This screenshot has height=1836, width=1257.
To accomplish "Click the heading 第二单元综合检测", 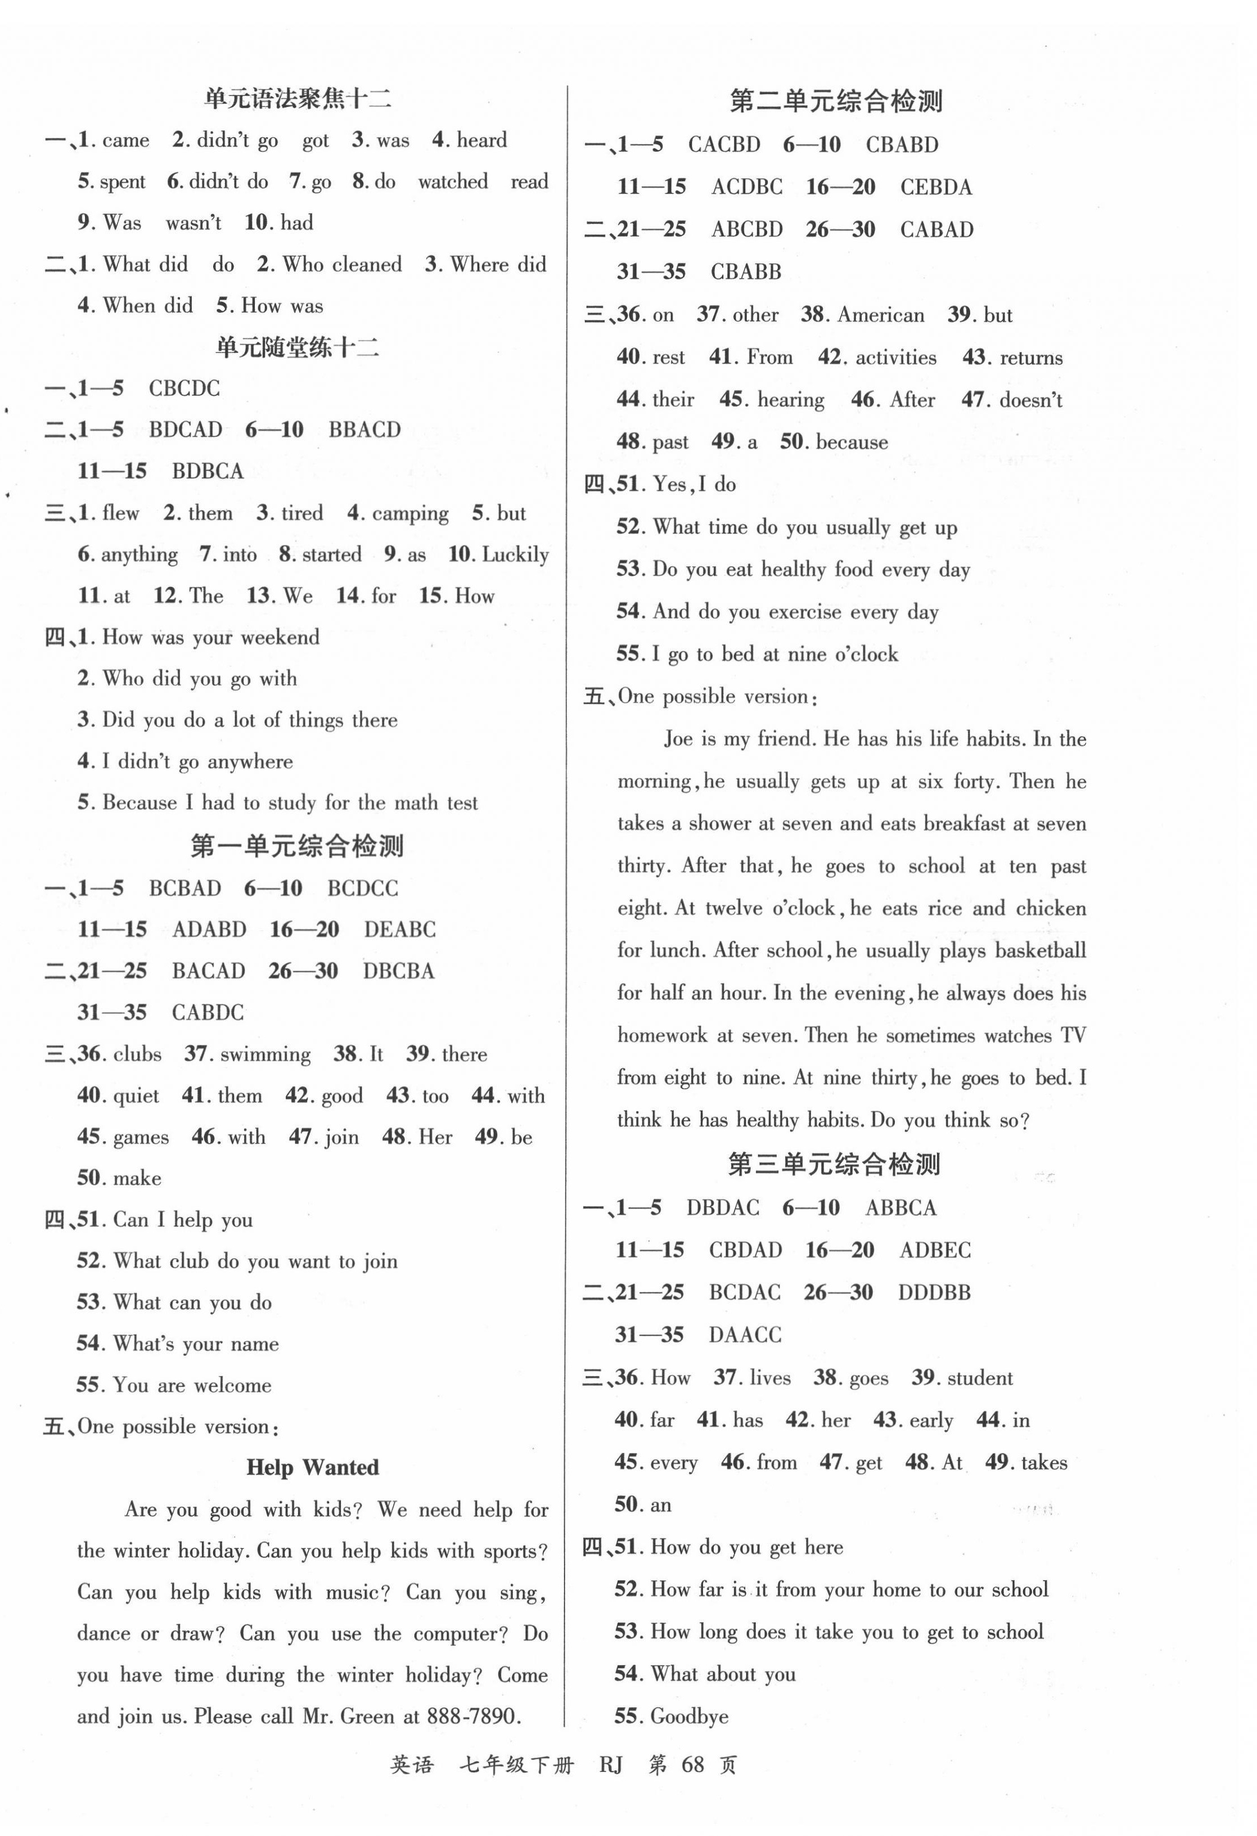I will [835, 102].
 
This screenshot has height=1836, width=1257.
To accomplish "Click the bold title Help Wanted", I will [312, 1468].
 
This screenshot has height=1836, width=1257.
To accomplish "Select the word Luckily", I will [515, 554].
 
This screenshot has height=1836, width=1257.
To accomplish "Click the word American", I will [880, 315].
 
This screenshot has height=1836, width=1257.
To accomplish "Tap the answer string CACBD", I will [724, 145].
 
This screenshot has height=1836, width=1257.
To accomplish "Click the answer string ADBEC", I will [935, 1250].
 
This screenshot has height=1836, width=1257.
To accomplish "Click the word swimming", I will [265, 1055].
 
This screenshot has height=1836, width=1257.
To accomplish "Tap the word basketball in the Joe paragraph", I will [1040, 950].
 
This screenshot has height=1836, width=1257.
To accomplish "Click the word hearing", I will [790, 400].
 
